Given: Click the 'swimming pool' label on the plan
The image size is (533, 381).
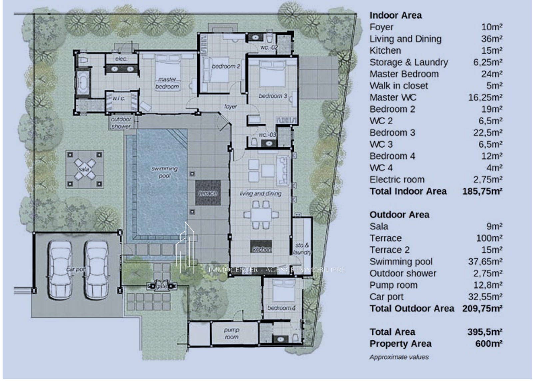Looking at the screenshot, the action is click(165, 172).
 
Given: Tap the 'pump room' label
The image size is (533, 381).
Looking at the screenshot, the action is click(232, 333).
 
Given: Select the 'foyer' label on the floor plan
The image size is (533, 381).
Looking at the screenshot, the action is click(231, 107).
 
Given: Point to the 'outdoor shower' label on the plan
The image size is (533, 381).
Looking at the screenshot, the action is click(121, 123).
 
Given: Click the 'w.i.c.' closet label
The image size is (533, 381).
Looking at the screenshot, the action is click(119, 98).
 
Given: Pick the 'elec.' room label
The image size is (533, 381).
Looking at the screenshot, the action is click(121, 59).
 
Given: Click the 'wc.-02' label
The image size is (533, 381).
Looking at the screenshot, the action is click(269, 47).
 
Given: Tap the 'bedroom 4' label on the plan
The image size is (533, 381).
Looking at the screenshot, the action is click(281, 308).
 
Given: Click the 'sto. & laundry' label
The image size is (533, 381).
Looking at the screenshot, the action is click(302, 248).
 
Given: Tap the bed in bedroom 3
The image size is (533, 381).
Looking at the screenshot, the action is click(273, 74).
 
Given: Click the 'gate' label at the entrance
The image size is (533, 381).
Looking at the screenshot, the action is click(162, 286).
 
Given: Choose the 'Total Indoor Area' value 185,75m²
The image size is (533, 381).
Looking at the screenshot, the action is click(482, 191).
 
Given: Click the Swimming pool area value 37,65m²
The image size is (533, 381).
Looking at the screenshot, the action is click(485, 262).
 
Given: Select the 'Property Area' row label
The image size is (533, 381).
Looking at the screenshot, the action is click(400, 344).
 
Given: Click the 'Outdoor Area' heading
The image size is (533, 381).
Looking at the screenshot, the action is click(399, 214).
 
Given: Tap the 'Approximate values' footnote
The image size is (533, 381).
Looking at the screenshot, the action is click(399, 357).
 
